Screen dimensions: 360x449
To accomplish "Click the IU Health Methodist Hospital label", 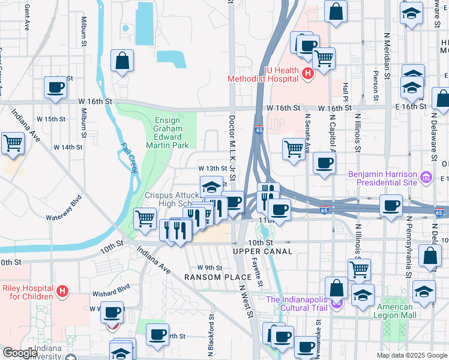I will point(263,73).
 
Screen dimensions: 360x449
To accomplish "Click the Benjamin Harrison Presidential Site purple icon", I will point(426,177).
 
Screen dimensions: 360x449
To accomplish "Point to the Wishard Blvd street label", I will point(111,294).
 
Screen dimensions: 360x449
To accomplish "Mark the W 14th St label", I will point(67,147).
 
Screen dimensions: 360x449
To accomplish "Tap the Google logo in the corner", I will point(20,353).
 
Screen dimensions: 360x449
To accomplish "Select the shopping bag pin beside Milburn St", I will point(122,61).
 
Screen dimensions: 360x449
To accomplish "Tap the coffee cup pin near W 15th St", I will point(56,88).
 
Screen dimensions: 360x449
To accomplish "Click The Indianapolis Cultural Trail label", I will point(298,304).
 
